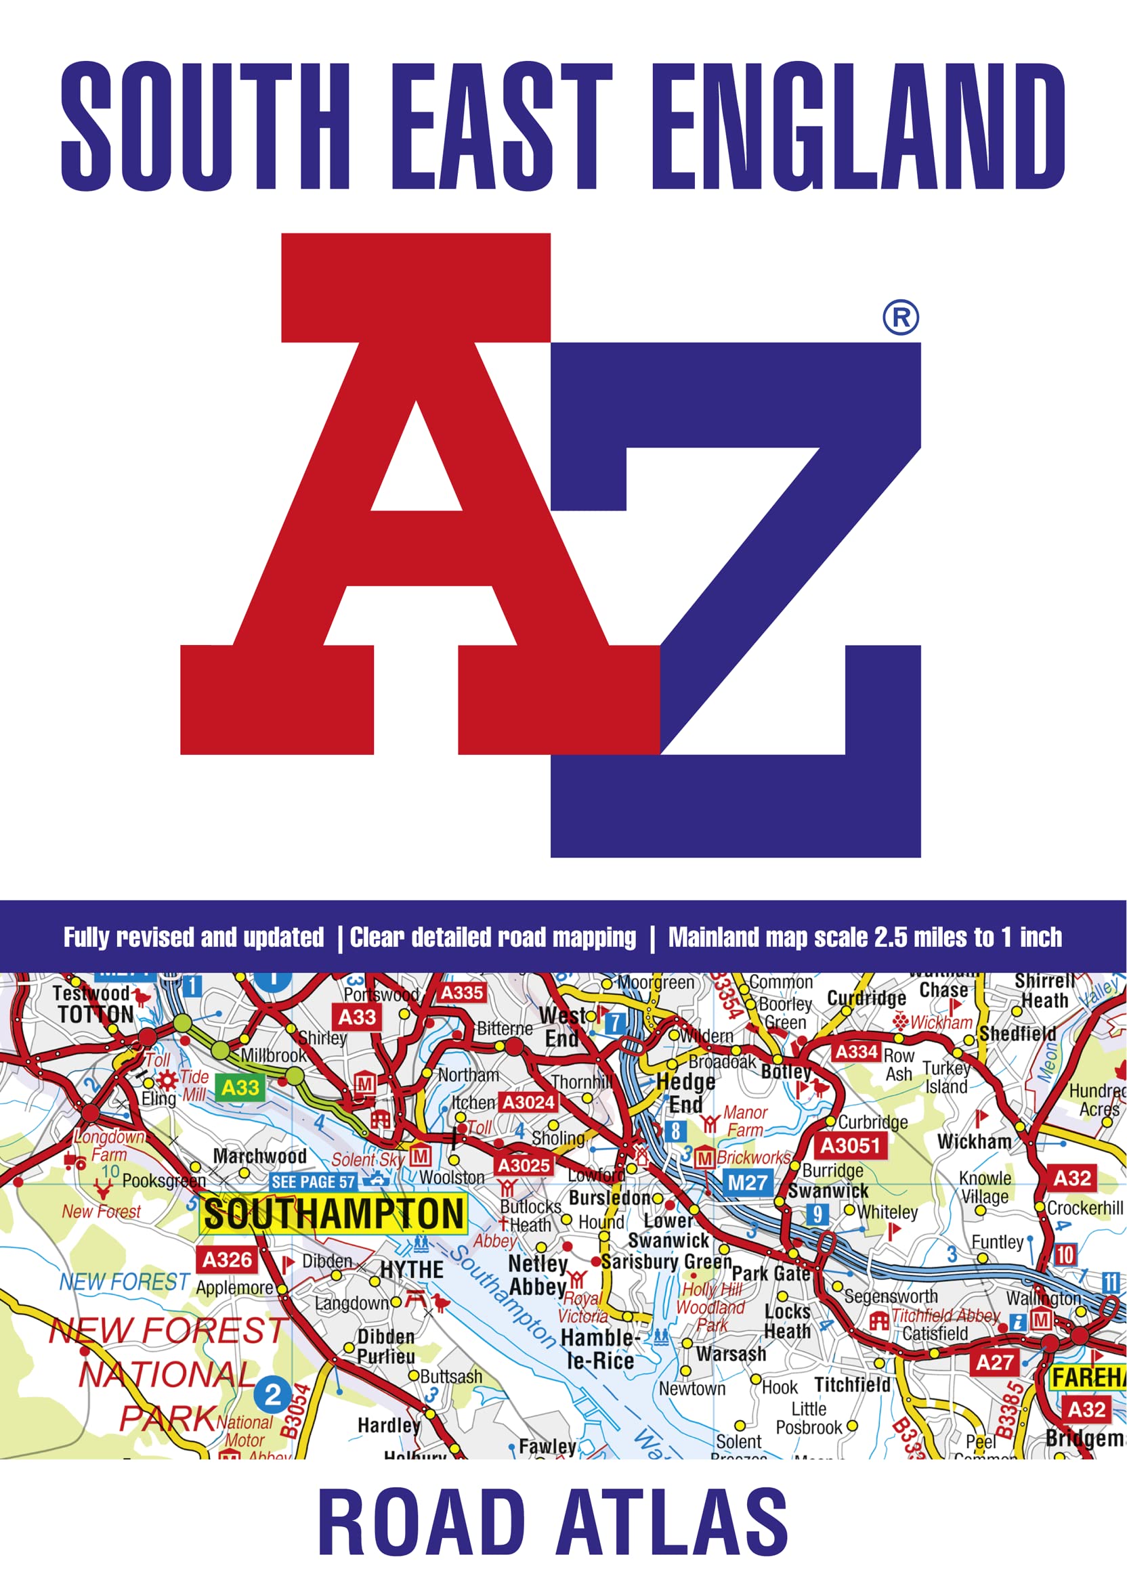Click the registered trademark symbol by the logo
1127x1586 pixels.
901,317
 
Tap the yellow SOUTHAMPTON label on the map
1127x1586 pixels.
333,1214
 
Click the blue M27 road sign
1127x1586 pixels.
748,1183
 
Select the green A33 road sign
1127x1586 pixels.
240,1087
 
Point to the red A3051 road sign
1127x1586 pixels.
851,1145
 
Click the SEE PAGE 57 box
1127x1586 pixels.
313,1182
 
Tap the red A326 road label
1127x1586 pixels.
228,1259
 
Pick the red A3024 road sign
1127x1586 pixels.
528,1102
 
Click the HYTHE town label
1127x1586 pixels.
412,1269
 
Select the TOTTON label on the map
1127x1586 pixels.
95,1015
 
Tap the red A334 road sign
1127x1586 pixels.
856,1052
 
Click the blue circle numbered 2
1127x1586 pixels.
273,1394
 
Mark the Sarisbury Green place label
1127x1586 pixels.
666,1262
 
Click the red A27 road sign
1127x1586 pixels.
994,1363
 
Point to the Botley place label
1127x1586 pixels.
786,1072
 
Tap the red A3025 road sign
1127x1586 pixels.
524,1166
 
